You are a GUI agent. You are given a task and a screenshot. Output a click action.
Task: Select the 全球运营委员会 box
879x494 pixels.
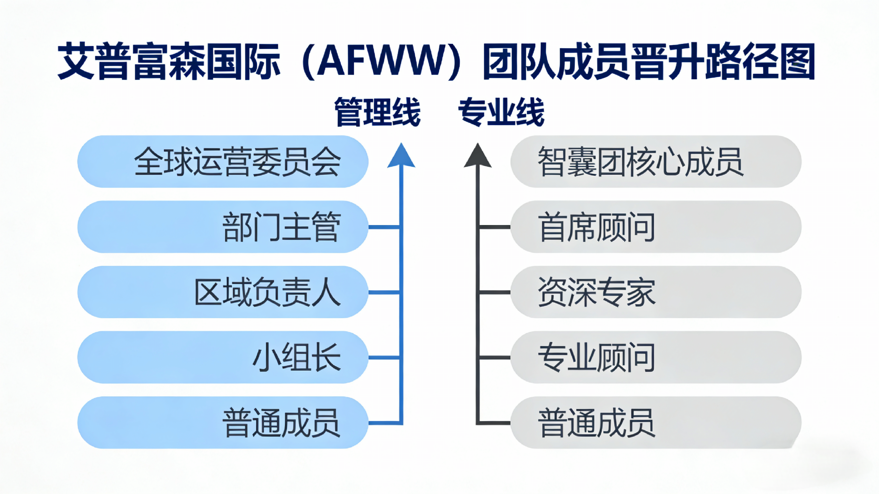tap(223, 161)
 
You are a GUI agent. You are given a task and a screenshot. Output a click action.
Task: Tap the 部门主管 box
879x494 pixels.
tap(223, 227)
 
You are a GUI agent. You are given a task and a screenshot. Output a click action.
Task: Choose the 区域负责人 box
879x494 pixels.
tap(223, 292)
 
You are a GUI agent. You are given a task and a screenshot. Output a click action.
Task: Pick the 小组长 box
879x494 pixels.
tap(223, 357)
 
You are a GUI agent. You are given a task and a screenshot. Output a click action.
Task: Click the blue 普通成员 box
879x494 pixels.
tap(223, 423)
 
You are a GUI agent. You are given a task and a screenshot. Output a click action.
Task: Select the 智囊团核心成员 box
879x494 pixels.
tap(656, 161)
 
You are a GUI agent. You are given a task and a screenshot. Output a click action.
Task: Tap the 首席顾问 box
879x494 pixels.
tap(656, 227)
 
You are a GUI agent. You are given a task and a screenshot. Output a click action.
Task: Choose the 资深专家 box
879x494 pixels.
tap(656, 292)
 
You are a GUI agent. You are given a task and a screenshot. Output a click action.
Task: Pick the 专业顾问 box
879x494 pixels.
tap(656, 357)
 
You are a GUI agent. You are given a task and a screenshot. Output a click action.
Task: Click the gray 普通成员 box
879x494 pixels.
tap(656, 423)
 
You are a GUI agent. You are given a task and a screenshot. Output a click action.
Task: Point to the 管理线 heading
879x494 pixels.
tap(377, 112)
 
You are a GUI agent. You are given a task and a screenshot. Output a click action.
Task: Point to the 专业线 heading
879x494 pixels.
tap(501, 112)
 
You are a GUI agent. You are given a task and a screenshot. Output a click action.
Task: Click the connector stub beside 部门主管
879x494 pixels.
tap(384, 227)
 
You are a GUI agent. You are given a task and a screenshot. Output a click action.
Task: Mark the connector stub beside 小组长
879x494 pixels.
tap(384, 357)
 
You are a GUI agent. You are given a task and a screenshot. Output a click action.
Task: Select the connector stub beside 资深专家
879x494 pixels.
tap(495, 292)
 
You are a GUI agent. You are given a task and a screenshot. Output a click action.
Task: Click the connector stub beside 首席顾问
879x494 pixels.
tap(495, 227)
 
